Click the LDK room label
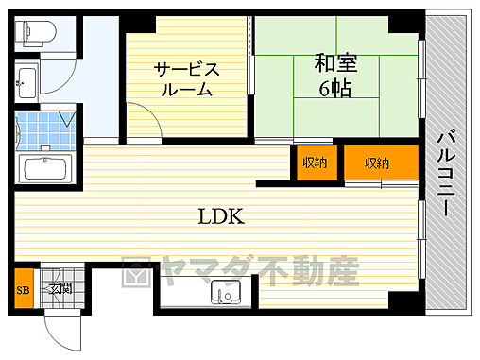coord(221,216)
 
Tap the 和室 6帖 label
coord(336,75)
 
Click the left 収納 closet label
coord(316,163)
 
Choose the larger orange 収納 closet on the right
coord(378,163)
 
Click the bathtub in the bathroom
coord(45,171)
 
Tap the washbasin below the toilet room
coord(26,85)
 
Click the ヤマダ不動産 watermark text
coord(255,274)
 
